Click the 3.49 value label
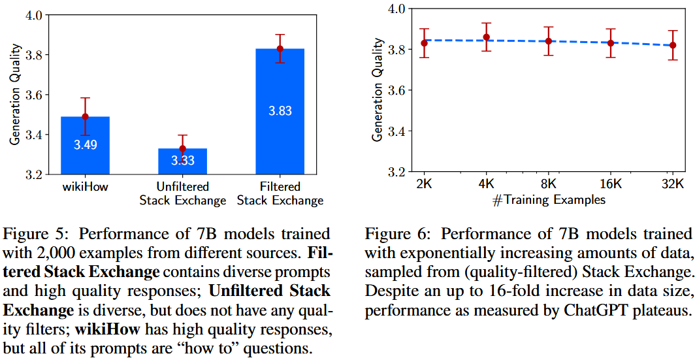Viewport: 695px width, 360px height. (x=85, y=145)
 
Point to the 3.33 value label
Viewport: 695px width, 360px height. (x=182, y=160)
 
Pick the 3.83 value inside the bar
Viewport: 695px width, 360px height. (x=280, y=111)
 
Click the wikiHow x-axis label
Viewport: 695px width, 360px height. (x=85, y=188)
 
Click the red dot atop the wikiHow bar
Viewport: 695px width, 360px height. (x=85, y=117)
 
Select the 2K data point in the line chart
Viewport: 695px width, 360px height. (x=424, y=43)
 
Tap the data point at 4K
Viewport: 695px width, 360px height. (x=486, y=37)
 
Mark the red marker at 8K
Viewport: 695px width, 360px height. (x=549, y=41)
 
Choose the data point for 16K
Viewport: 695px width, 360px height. (x=611, y=43)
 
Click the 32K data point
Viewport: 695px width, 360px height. (x=673, y=45)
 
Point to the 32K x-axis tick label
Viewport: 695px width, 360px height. (x=673, y=184)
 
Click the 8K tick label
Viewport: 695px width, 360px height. (x=549, y=184)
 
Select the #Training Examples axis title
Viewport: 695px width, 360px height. (x=549, y=199)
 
